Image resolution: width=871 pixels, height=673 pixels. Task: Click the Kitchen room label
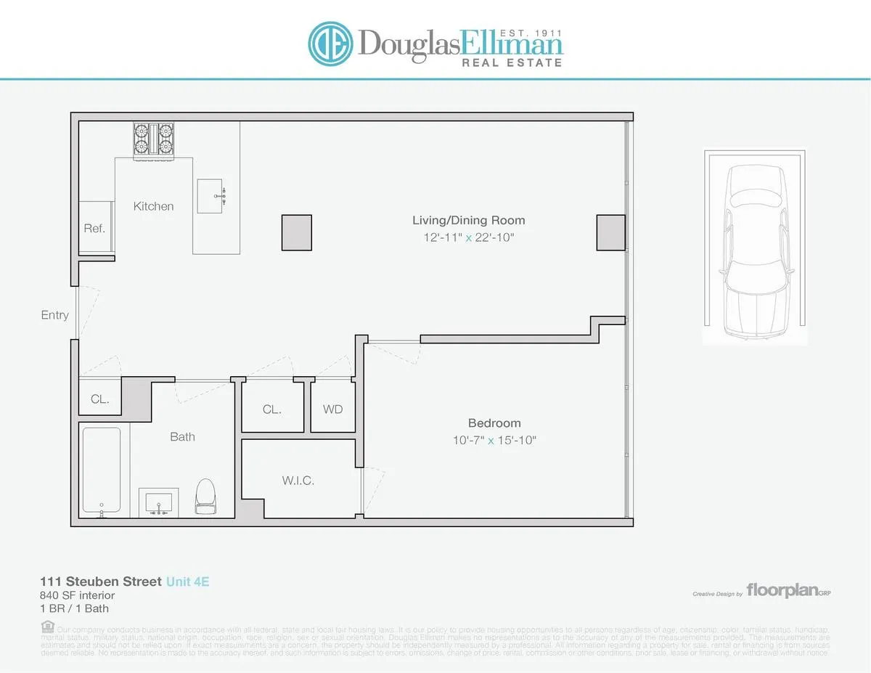[153, 206]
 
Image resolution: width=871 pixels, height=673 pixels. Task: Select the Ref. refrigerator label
[94, 228]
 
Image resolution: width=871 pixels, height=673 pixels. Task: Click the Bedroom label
[494, 423]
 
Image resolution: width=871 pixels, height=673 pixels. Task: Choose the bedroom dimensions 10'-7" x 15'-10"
[494, 440]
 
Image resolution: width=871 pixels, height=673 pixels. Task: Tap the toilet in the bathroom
[205, 496]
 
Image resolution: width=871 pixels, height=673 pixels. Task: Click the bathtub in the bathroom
[102, 471]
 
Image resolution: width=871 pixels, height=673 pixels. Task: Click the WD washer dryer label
[332, 409]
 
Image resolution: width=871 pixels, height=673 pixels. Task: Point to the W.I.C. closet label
[298, 481]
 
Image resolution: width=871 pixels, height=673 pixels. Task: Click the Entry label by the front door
[55, 315]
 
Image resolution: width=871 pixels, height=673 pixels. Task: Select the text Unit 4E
[187, 582]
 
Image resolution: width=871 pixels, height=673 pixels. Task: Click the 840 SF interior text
[77, 595]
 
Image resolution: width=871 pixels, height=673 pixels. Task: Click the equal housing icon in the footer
[47, 626]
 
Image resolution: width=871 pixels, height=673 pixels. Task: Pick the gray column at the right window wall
[611, 233]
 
